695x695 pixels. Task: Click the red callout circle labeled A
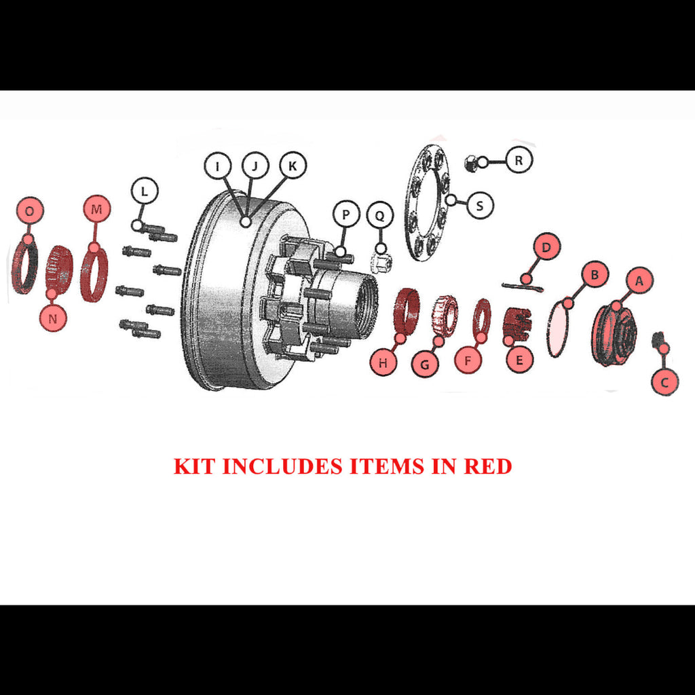639,280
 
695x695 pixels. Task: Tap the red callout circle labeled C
664,381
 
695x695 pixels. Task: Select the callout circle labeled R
518,160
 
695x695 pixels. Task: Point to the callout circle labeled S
480,205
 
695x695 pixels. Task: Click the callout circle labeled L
145,191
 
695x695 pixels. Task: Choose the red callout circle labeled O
30,210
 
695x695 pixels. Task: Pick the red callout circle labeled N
53,318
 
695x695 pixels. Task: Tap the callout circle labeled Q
380,215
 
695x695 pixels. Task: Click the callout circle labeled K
293,166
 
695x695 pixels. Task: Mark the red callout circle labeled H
383,362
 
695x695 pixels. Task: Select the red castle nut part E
516,325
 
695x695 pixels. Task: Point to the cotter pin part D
523,287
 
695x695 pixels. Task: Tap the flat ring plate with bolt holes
428,202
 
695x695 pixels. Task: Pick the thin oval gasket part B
558,328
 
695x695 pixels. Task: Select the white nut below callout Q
381,264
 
